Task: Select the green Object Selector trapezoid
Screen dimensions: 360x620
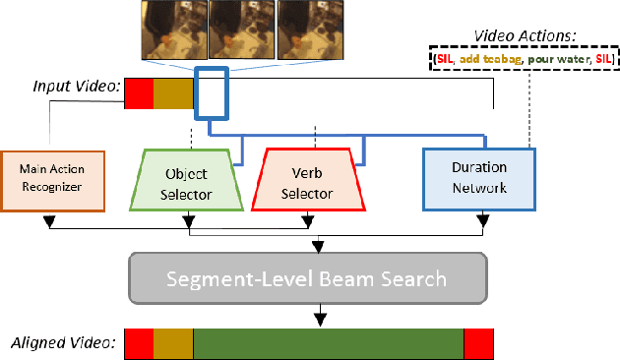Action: (186, 180)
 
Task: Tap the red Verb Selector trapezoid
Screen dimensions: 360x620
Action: (307, 180)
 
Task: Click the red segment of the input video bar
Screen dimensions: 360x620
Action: (139, 93)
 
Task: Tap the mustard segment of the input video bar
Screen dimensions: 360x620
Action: (173, 93)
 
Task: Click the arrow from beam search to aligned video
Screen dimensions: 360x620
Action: (318, 316)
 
